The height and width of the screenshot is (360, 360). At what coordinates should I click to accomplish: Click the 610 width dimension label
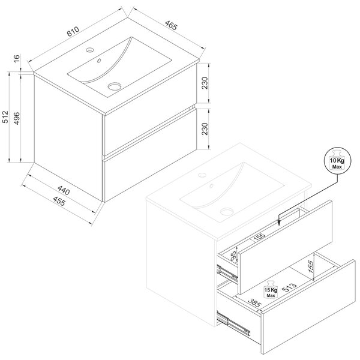[73, 31]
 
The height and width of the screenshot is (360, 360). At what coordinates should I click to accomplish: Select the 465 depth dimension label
[171, 25]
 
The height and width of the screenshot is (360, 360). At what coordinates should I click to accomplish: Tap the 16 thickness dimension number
[17, 59]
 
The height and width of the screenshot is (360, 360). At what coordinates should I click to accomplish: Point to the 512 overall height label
[5, 117]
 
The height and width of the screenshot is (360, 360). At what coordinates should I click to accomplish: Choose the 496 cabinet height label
[17, 118]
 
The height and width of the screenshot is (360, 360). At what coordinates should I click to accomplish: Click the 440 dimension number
[64, 190]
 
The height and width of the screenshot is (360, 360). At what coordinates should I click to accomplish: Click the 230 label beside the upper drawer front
[205, 83]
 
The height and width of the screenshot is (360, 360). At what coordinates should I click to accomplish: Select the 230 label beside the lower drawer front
[205, 129]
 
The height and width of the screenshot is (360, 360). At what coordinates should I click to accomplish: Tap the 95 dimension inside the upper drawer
[233, 256]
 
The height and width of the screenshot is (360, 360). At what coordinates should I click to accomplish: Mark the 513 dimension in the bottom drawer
[289, 287]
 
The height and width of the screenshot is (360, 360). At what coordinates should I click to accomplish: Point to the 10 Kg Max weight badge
[337, 160]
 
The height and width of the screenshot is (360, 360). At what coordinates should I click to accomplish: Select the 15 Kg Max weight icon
[271, 289]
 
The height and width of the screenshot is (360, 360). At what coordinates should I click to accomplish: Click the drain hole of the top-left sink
[115, 86]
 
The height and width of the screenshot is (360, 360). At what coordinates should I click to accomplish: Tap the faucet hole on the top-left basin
[90, 50]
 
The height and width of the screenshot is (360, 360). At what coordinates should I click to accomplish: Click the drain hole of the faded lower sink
[227, 211]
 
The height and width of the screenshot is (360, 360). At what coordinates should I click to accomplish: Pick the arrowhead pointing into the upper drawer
[279, 223]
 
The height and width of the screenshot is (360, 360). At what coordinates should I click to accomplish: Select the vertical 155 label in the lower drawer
[310, 266]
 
